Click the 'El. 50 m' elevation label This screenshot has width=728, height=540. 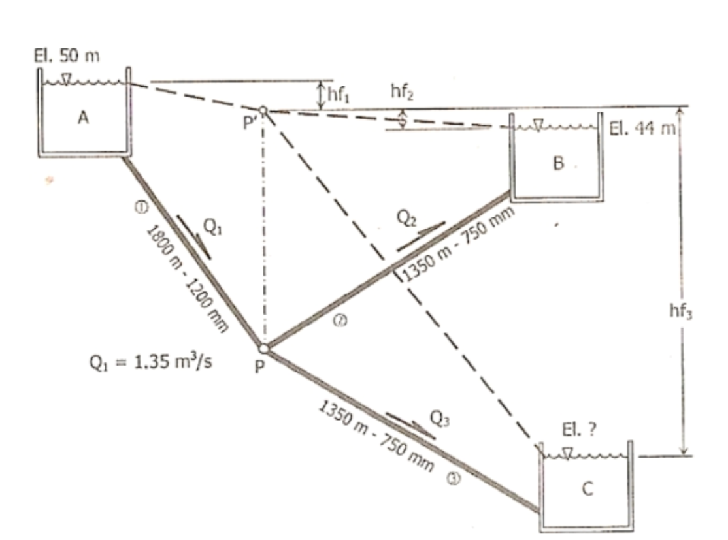coord(67,55)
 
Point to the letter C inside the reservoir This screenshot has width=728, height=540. coord(587,490)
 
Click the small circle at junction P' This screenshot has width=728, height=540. coord(263,110)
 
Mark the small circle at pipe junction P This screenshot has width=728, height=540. coord(263,348)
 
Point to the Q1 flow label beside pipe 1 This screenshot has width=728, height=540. coord(211,227)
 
